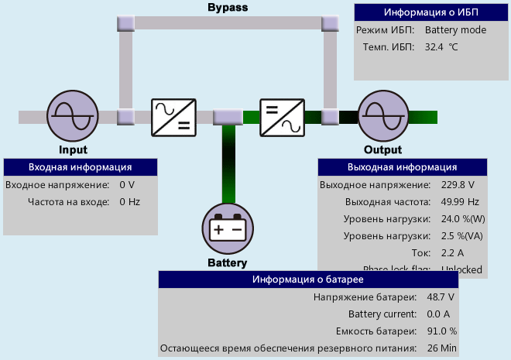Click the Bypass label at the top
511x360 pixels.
click(x=228, y=7)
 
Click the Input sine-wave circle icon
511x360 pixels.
click(x=73, y=116)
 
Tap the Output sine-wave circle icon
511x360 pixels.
click(x=382, y=116)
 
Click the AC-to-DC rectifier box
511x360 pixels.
click(x=173, y=117)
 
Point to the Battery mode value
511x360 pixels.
click(x=455, y=30)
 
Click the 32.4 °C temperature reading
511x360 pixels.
click(x=441, y=47)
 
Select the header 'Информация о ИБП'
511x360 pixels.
click(x=430, y=12)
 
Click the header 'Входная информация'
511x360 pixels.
click(x=80, y=167)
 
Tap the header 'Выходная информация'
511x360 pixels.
click(x=403, y=167)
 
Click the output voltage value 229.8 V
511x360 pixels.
click(x=457, y=185)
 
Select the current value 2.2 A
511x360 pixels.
click(x=452, y=252)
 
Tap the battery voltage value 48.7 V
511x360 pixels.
click(x=439, y=297)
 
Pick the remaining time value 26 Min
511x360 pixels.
click(x=441, y=348)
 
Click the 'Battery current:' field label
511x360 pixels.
click(x=382, y=314)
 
